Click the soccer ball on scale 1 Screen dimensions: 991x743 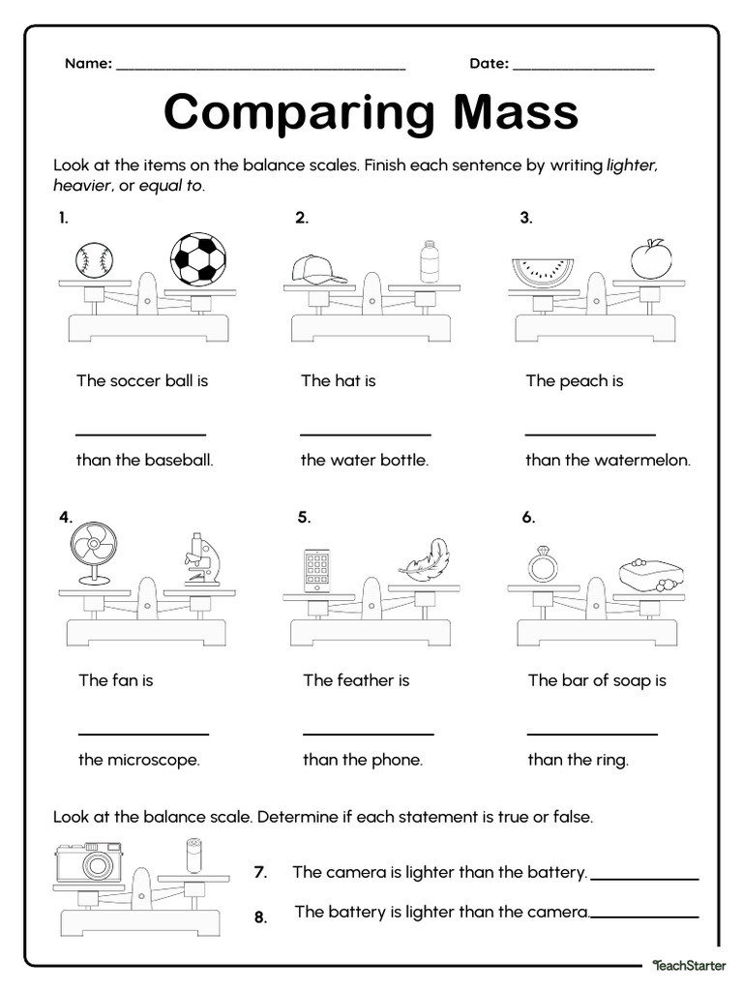(198, 258)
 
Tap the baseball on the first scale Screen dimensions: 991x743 (94, 259)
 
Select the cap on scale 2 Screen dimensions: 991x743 (317, 268)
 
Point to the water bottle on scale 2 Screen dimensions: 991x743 (429, 262)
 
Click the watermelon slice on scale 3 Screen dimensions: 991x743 (541, 271)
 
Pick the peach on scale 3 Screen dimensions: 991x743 (650, 259)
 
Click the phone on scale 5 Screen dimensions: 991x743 (317, 570)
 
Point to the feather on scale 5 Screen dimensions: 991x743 (427, 561)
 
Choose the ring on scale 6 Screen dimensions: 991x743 (540, 565)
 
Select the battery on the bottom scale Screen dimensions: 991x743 (193, 856)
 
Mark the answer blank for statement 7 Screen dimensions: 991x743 (644, 878)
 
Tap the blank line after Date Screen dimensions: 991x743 (583, 69)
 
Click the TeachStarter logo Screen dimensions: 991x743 (689, 965)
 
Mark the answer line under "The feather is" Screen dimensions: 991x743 (368, 734)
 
